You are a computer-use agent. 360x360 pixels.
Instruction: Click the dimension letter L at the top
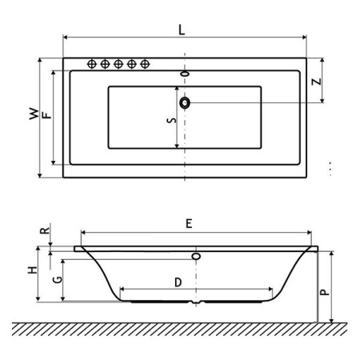pyautogui.click(x=182, y=30)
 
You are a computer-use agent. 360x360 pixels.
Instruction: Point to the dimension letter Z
pyautogui.click(x=317, y=82)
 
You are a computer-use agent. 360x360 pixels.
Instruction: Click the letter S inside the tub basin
pyautogui.click(x=170, y=121)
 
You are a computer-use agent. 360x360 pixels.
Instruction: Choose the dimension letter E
pyautogui.click(x=188, y=225)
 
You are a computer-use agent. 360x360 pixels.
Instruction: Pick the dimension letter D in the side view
pyautogui.click(x=178, y=281)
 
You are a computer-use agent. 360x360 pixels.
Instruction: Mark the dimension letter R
pyautogui.click(x=47, y=230)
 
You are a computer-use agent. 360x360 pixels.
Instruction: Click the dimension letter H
pyautogui.click(x=33, y=271)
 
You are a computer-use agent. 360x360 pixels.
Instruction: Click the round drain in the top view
pyautogui.click(x=186, y=102)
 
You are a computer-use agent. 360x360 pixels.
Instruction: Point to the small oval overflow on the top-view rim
pyautogui.click(x=186, y=74)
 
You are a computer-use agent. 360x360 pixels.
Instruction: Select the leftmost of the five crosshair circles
pyautogui.click(x=92, y=64)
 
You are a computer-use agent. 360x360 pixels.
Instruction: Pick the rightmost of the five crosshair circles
pyautogui.click(x=145, y=64)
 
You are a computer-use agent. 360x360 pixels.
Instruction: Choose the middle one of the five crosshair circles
pyautogui.click(x=118, y=64)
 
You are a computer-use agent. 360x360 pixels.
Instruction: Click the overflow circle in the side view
pyautogui.click(x=194, y=257)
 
